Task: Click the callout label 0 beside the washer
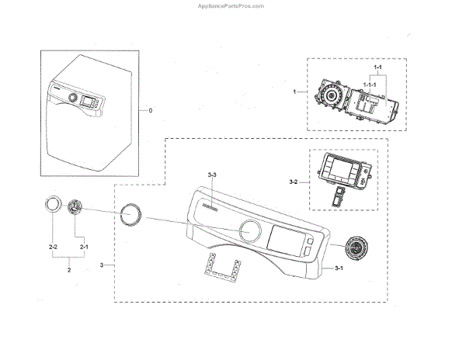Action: (x=151, y=111)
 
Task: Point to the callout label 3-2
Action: (x=293, y=182)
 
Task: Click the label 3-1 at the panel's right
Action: (x=339, y=268)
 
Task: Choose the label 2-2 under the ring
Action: (x=53, y=246)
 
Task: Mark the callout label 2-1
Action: (x=84, y=246)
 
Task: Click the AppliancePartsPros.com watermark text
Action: (x=232, y=5)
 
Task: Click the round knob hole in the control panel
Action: (x=250, y=230)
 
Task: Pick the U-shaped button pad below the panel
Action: (x=221, y=268)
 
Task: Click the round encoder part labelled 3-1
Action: (x=358, y=250)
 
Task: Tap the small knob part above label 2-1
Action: (x=75, y=208)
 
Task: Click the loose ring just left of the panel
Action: (x=130, y=213)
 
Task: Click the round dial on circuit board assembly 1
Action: (x=332, y=97)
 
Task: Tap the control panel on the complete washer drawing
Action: (x=85, y=99)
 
